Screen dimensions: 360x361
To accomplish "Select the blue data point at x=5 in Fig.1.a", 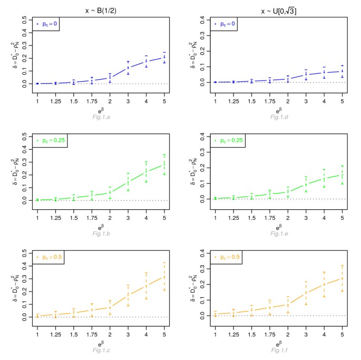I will [x=164, y=57].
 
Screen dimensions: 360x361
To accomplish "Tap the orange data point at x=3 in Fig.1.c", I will [x=128, y=296].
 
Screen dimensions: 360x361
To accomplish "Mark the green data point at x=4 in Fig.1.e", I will [x=324, y=179].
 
